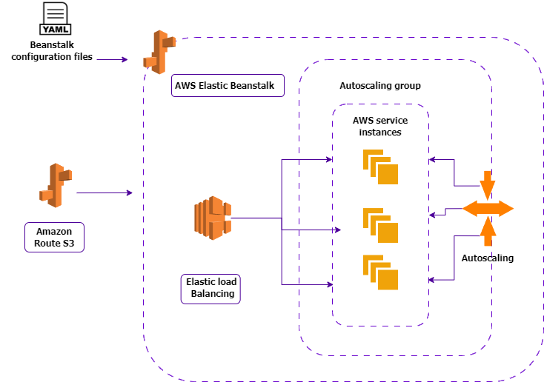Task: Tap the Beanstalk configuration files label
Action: point(52,51)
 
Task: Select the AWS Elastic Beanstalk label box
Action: point(224,86)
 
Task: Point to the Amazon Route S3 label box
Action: point(54,237)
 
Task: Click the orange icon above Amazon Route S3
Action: point(55,184)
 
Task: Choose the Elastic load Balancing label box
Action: point(212,288)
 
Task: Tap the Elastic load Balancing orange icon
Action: point(212,218)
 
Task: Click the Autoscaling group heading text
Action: point(379,87)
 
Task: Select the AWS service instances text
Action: point(380,126)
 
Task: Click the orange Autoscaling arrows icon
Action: point(488,208)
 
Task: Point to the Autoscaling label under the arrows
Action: point(487,258)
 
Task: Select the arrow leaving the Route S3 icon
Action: point(104,193)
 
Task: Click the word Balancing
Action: point(213,294)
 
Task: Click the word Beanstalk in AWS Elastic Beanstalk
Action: point(251,86)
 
